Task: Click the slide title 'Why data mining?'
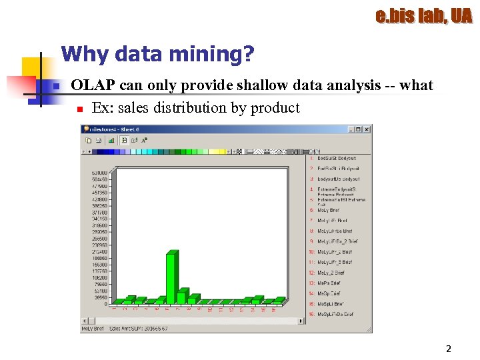click(x=157, y=55)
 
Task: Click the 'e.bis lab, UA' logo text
click(x=423, y=16)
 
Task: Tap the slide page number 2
click(x=449, y=349)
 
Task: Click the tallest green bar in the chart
click(x=171, y=277)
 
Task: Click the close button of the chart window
click(x=367, y=129)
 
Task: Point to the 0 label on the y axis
click(x=105, y=304)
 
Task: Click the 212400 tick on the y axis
click(x=100, y=252)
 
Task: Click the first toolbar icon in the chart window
click(x=88, y=141)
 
